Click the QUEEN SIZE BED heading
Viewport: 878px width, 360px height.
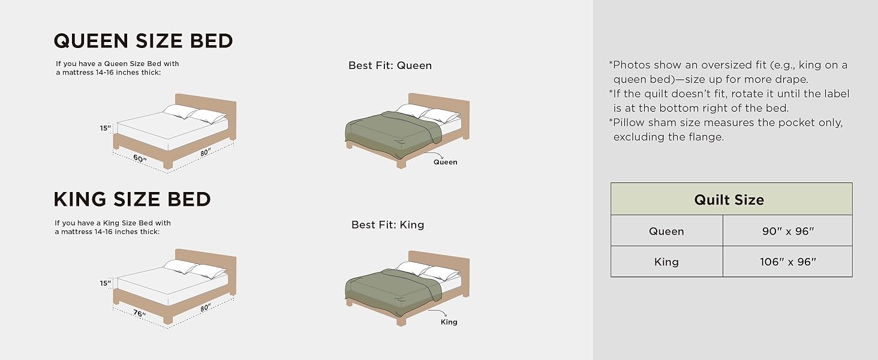(x=143, y=41)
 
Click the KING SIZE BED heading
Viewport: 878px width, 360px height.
(x=132, y=199)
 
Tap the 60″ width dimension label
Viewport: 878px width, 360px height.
(x=140, y=158)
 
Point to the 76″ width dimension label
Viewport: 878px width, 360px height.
(x=140, y=313)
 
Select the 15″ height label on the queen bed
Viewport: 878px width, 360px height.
(x=106, y=128)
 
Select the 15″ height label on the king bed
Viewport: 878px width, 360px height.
(x=106, y=283)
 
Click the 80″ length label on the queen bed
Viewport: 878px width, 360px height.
(x=206, y=152)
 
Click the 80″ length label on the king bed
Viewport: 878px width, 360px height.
(x=206, y=307)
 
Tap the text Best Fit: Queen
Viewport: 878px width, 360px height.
(x=390, y=65)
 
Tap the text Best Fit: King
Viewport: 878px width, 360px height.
(x=387, y=225)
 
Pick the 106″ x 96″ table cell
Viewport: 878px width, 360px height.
(x=787, y=262)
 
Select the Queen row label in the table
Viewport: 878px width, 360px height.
(x=666, y=232)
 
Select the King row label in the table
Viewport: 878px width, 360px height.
(x=666, y=262)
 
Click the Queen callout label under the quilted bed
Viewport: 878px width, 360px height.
(x=445, y=162)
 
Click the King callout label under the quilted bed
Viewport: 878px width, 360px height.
(x=449, y=322)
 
